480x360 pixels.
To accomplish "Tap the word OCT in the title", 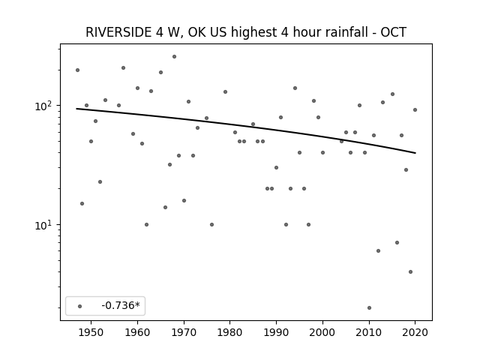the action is pos(393,32).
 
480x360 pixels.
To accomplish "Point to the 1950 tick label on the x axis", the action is pos(91,332).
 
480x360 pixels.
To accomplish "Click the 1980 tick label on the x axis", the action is pos(230,332).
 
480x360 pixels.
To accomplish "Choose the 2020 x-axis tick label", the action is pos(415,332).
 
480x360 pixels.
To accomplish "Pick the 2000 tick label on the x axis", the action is pos(322,332).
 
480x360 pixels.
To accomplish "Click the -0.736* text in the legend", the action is pos(121,305).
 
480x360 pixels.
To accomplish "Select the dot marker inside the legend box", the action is pos(80,306).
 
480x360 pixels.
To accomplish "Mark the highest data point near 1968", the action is pos(174,57).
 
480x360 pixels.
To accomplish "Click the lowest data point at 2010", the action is pos(369,308).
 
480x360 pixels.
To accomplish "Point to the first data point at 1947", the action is pos(77,70).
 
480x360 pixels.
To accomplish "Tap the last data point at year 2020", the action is pos(415,110).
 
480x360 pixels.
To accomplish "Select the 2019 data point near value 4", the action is pos(410,271).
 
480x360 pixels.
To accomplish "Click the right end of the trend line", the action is pos(415,153).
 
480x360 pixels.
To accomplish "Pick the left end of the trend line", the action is pos(76,109).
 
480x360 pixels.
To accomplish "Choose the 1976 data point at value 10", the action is pos(211,225).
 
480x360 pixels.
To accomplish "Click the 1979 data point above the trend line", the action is pos(225,91).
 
